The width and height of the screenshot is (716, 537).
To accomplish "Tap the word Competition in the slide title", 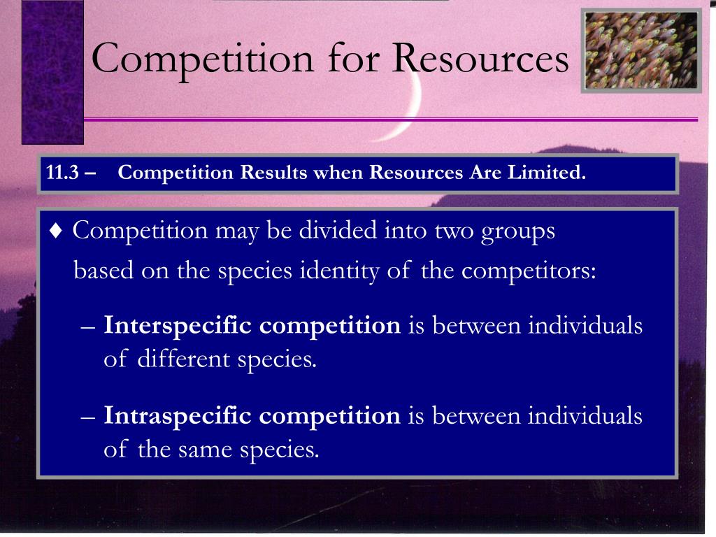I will tap(203, 58).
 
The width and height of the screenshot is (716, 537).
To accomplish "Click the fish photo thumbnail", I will tap(641, 50).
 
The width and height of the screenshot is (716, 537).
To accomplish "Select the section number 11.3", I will tap(62, 173).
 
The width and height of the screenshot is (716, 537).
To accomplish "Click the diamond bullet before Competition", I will tap(57, 231).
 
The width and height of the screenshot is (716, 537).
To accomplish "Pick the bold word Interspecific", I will tap(178, 326).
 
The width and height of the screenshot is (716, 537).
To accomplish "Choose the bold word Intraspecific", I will tap(178, 416).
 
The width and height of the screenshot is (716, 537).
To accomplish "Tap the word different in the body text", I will tap(183, 359).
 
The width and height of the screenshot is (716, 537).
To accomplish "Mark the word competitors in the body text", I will tap(529, 271).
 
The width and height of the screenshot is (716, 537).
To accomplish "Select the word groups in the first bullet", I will tap(518, 231).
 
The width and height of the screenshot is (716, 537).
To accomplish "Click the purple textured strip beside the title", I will tap(52, 70).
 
